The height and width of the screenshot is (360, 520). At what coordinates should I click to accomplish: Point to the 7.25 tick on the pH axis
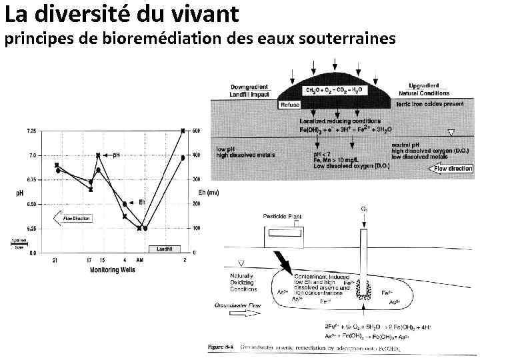[x=32, y=131]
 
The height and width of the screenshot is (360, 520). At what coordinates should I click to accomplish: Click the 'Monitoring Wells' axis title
[x=113, y=270]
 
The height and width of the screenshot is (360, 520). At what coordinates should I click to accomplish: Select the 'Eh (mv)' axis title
[x=209, y=193]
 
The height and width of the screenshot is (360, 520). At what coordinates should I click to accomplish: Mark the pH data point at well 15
[x=98, y=155]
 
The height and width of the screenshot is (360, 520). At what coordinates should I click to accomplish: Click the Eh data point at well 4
[x=125, y=203]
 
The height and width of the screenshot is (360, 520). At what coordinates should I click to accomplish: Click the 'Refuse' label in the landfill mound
[x=290, y=105]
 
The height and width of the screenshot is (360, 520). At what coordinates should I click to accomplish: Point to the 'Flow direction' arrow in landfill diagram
[x=451, y=169]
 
